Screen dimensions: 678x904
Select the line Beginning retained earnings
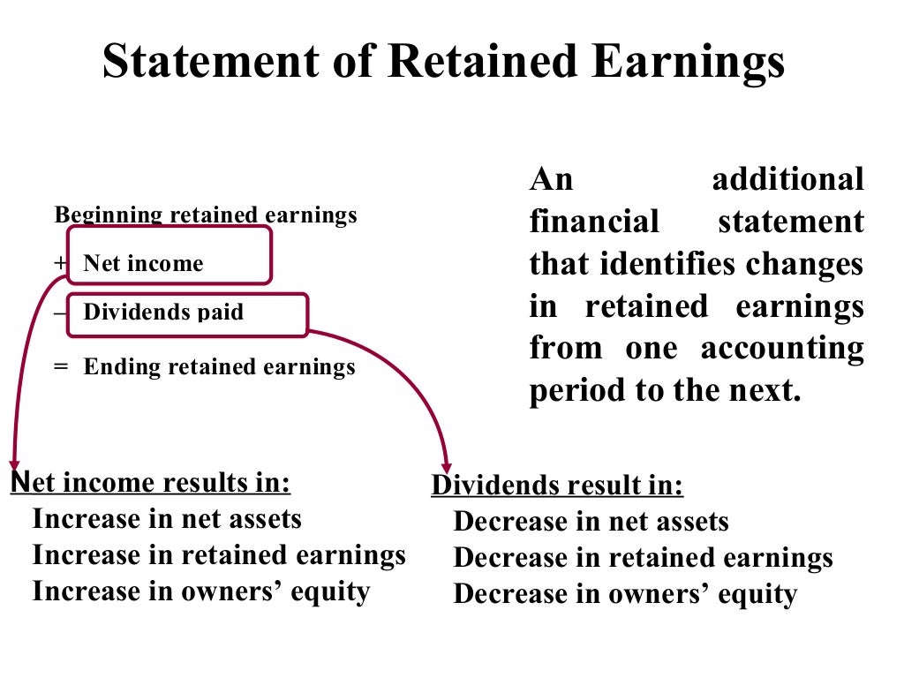(206, 215)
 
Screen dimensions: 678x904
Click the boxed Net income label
(143, 263)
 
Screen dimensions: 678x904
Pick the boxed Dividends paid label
(163, 312)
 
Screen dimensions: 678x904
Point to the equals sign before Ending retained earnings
(60, 366)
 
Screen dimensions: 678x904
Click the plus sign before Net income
(60, 263)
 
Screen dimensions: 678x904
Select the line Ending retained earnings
(219, 366)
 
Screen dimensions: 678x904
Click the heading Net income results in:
(151, 483)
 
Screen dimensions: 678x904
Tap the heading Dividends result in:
(557, 486)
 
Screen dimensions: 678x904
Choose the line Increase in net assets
(167, 519)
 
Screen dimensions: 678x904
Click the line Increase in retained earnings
(219, 555)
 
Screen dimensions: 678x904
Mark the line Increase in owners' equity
(200, 591)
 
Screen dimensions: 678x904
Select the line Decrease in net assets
(591, 522)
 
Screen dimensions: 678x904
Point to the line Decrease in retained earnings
(643, 558)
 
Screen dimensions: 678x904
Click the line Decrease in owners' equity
(625, 594)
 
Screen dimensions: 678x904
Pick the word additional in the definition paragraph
(787, 180)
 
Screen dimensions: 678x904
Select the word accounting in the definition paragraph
(782, 348)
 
